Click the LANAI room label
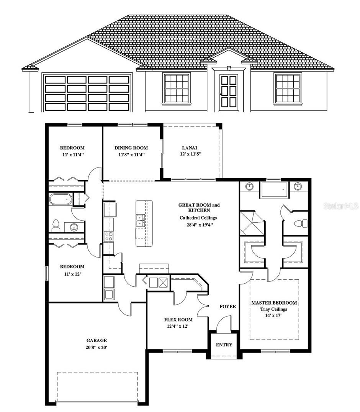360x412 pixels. [x=190, y=148]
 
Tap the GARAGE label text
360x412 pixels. [x=96, y=340]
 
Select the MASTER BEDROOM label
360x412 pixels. [x=274, y=303]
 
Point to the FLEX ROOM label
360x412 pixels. [x=178, y=319]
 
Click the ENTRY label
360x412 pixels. [x=224, y=345]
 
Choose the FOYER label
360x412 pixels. [x=227, y=306]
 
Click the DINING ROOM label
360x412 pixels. [x=131, y=148]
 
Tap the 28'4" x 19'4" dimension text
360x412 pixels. [x=199, y=225]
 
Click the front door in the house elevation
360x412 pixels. [x=229, y=91]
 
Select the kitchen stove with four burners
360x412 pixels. [x=109, y=236]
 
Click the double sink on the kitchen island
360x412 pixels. [x=140, y=221]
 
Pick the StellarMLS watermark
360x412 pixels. [x=341, y=206]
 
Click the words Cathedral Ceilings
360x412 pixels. [x=198, y=218]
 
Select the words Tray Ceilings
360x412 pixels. [x=273, y=309]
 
